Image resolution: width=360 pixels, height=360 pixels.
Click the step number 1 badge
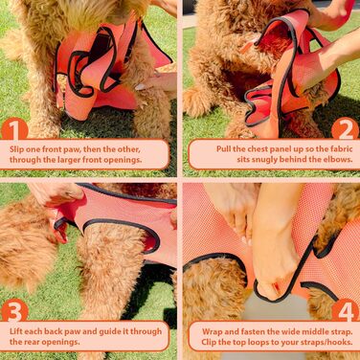[x=14, y=130]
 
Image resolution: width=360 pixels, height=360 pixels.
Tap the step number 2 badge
[x=346, y=130]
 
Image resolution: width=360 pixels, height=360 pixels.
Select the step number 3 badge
[x=14, y=311]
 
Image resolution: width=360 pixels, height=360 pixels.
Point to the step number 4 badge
[x=346, y=311]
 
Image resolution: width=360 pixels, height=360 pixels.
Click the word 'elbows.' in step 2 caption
[x=339, y=159]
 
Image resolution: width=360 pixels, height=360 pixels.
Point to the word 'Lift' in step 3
[x=16, y=331]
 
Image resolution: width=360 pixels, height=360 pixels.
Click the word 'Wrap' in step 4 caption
[x=212, y=332]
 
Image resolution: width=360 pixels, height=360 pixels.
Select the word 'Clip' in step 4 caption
[x=209, y=342]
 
